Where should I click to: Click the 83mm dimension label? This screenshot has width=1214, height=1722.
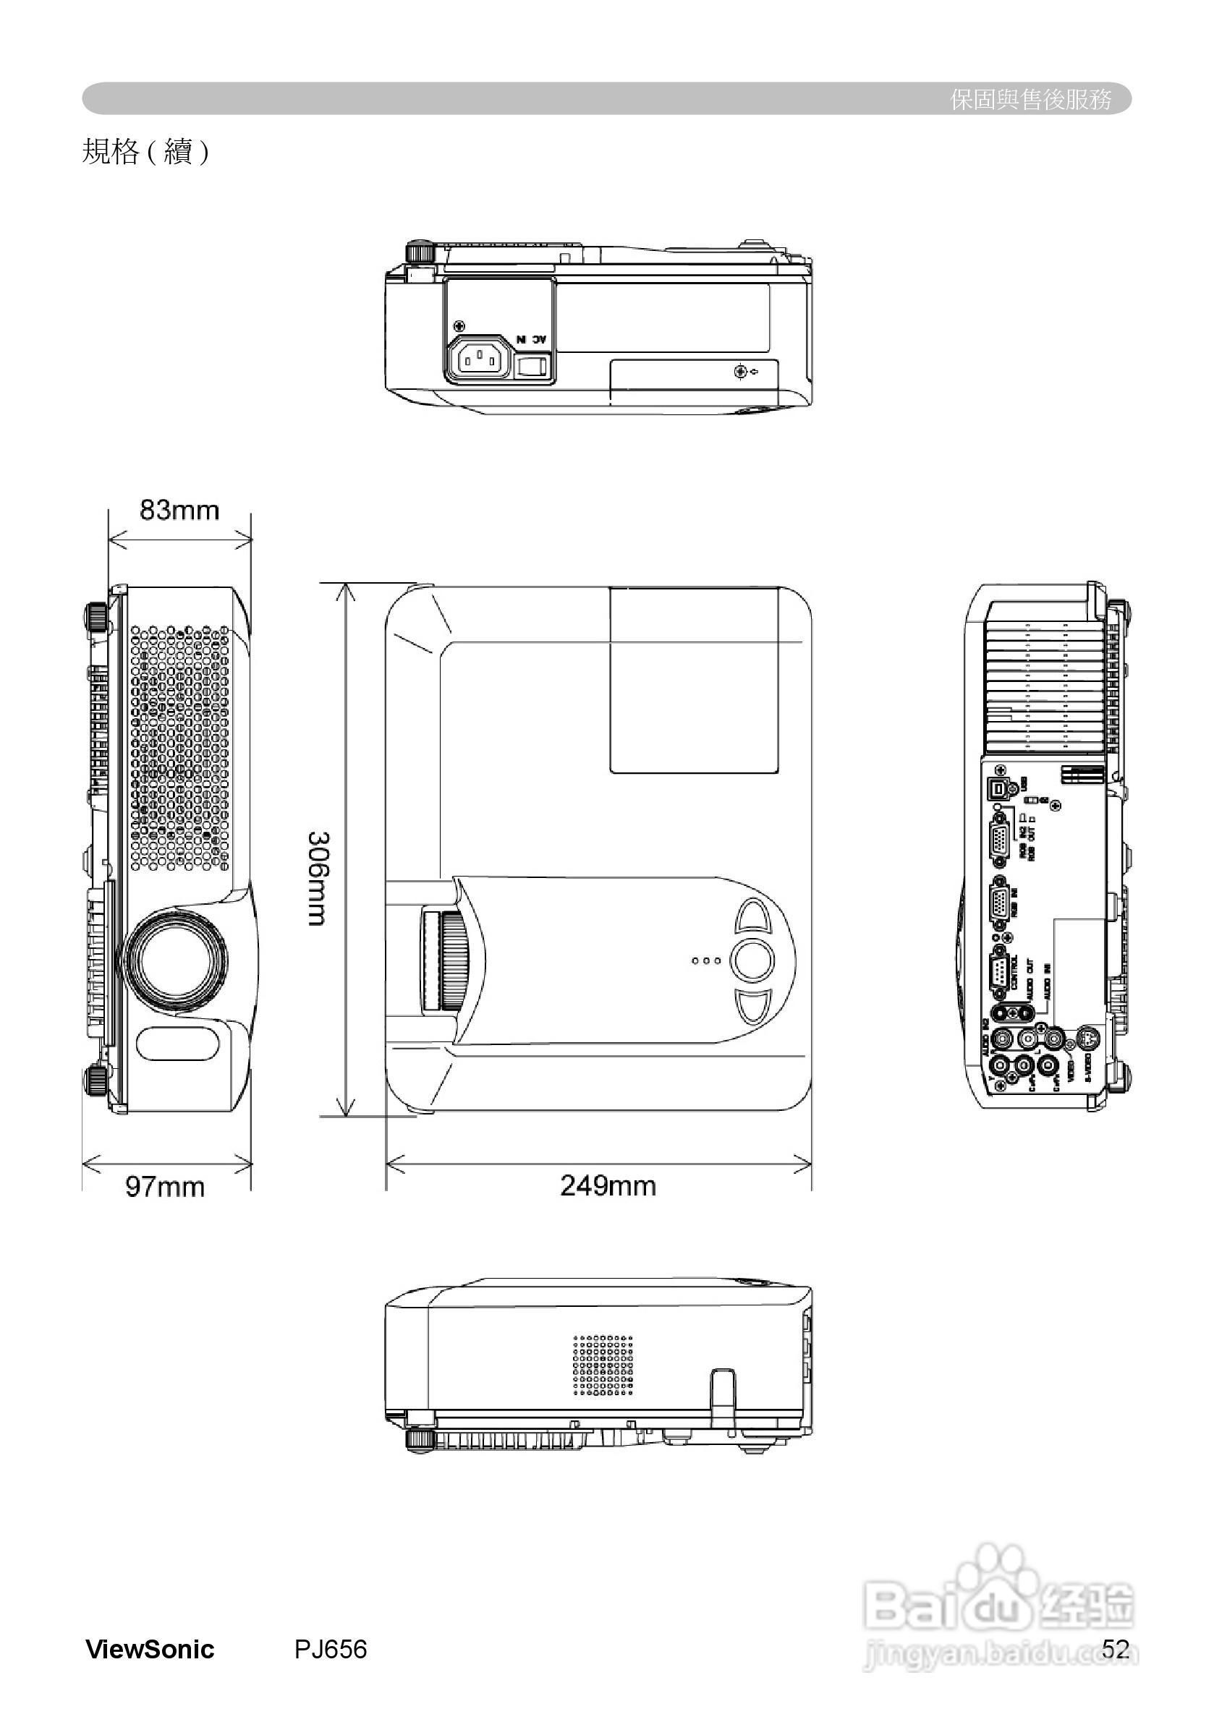[179, 510]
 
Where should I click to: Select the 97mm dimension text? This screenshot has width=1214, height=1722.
[164, 1188]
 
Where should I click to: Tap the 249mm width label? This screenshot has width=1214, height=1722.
[608, 1186]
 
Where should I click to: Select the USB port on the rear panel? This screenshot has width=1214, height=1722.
[999, 788]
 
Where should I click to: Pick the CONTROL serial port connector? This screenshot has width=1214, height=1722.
[998, 973]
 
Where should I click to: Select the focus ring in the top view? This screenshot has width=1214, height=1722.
[453, 961]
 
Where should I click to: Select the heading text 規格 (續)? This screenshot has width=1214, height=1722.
[145, 153]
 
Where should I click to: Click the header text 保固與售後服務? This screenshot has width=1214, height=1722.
[1030, 99]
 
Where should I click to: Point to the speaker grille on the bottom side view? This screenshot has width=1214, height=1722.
[603, 1365]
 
